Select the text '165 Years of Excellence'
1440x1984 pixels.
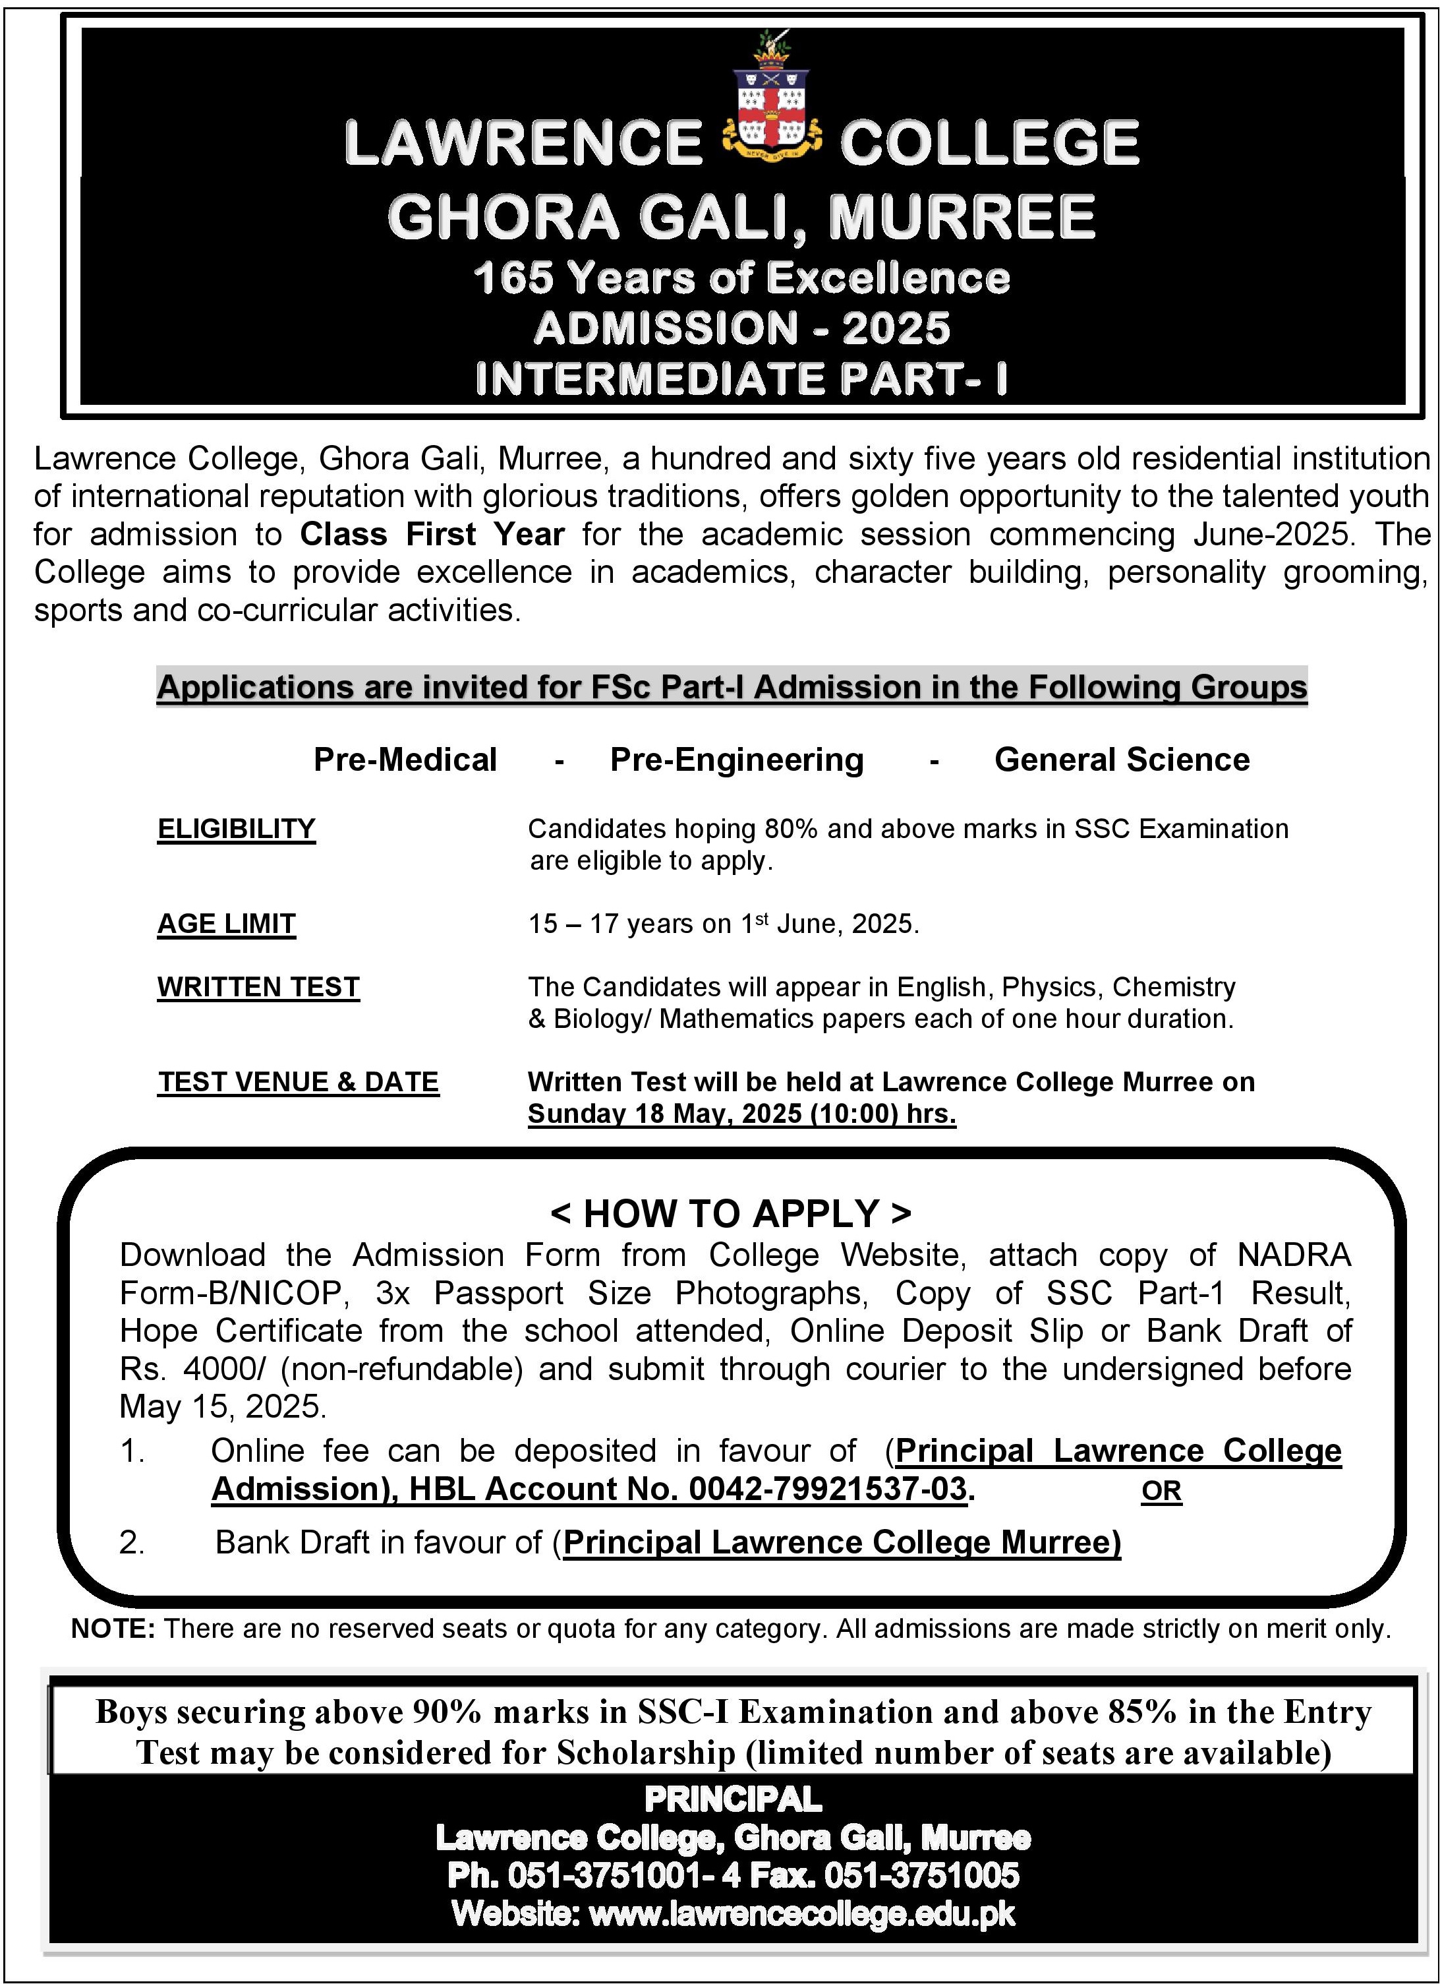(741, 278)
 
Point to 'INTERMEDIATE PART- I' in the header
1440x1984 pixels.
(741, 378)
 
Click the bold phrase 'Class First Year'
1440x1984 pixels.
(432, 533)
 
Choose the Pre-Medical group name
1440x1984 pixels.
(405, 760)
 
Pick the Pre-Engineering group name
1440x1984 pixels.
(736, 760)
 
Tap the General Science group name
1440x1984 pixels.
(1122, 760)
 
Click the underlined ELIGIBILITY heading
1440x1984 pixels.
(236, 828)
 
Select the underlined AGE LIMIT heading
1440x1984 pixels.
(227, 924)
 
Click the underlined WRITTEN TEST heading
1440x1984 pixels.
(258, 987)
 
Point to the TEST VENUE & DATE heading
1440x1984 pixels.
(298, 1082)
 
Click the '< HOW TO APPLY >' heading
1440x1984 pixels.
(731, 1213)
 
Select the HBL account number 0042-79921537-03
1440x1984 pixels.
(827, 1489)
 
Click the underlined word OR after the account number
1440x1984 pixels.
(1161, 1491)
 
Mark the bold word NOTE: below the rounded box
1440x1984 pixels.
(113, 1629)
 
